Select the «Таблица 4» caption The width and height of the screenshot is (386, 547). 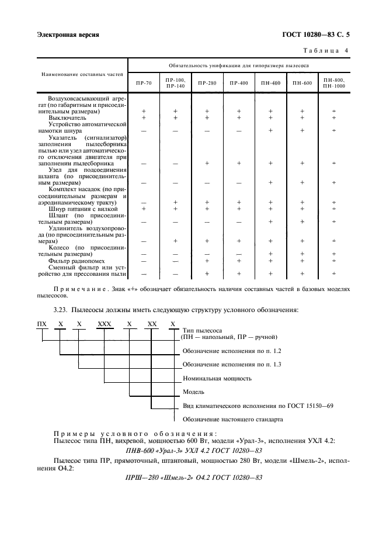click(x=326, y=51)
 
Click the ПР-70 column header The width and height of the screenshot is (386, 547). click(x=143, y=84)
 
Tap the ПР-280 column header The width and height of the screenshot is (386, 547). click(x=207, y=84)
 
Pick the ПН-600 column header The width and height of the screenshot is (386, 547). click(x=302, y=84)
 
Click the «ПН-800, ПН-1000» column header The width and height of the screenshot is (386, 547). click(x=333, y=82)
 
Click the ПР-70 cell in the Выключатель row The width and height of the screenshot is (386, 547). click(x=143, y=117)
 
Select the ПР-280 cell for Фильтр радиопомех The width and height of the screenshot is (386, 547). click(x=207, y=261)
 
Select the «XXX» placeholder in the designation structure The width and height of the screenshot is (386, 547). click(x=104, y=324)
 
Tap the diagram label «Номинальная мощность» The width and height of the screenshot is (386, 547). click(x=217, y=378)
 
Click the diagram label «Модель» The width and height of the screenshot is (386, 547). click(x=194, y=392)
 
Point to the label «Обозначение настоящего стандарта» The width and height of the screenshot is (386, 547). click(x=232, y=419)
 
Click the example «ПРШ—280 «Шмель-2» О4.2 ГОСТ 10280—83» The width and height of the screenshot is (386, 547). click(x=193, y=476)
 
